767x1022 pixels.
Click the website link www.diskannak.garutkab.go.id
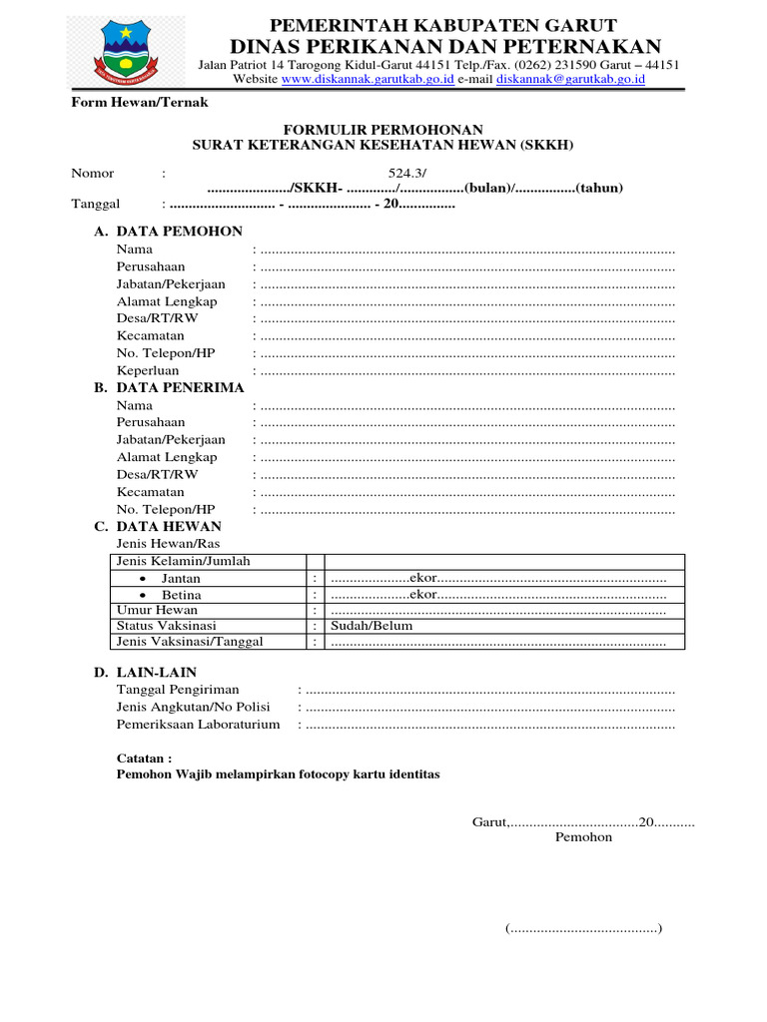369,79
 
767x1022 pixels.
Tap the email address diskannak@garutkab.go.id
570,79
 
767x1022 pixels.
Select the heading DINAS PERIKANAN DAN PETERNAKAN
445,46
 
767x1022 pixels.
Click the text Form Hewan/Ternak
139,102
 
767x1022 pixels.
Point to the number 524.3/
407,174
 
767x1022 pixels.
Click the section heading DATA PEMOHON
179,232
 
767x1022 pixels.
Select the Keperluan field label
148,370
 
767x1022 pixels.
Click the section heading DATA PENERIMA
179,387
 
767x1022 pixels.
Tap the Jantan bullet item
181,578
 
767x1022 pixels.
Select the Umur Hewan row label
157,610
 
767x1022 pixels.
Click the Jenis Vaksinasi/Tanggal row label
190,642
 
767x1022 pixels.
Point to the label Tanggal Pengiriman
178,690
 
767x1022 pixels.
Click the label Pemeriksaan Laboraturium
198,725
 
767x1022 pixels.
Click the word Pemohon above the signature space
583,837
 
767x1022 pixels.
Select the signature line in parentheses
583,929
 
